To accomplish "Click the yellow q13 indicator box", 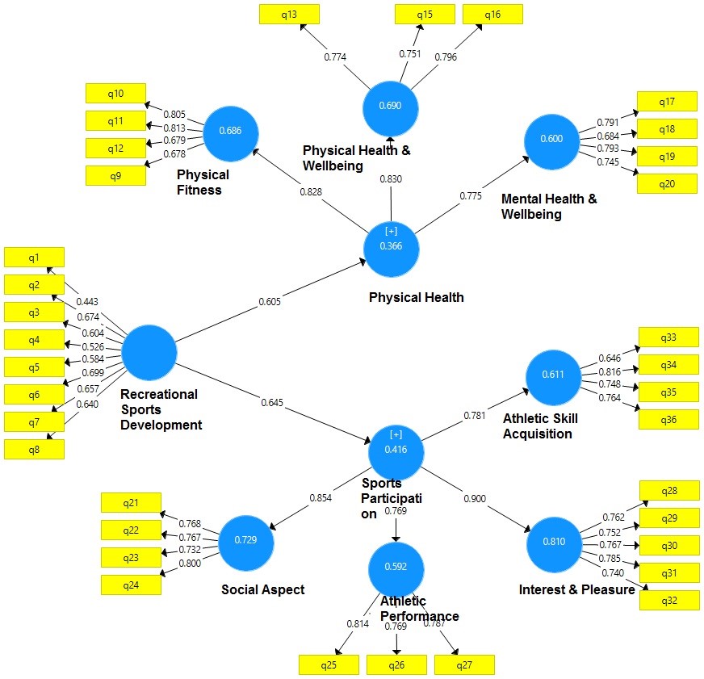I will pyautogui.click(x=289, y=14).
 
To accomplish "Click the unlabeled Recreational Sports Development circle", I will pyautogui.click(x=149, y=353).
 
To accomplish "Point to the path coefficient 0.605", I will pyautogui.click(x=270, y=302).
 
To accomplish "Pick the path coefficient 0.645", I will pyautogui.click(x=272, y=401).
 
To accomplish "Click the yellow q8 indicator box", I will pyautogui.click(x=33, y=448).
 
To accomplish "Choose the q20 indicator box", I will pyautogui.click(x=667, y=183).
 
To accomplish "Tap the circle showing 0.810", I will pyautogui.click(x=554, y=541).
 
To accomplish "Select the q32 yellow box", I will pyautogui.click(x=668, y=600).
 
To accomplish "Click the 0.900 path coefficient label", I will pyautogui.click(x=475, y=500).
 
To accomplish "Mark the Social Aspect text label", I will pyautogui.click(x=263, y=590).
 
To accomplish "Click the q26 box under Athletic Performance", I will pyautogui.click(x=396, y=664).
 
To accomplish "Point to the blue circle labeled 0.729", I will pyautogui.click(x=246, y=539).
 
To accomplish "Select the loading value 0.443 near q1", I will pyautogui.click(x=88, y=301).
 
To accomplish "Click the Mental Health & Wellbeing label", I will pyautogui.click(x=549, y=207).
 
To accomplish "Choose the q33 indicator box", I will pyautogui.click(x=668, y=337).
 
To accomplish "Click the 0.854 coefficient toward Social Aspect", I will pyautogui.click(x=320, y=498).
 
